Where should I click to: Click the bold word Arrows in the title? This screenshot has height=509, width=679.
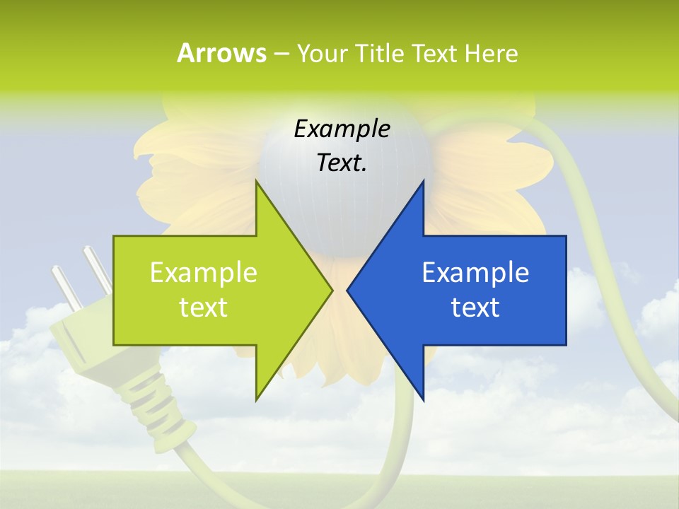(221, 53)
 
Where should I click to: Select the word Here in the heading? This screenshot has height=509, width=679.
(492, 53)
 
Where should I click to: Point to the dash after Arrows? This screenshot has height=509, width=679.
(282, 54)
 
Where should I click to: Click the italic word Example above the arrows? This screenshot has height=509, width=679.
(342, 129)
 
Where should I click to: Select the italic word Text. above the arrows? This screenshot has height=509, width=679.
(342, 163)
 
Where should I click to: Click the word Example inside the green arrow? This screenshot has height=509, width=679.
(203, 272)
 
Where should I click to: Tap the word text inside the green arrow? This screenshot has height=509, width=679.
(203, 308)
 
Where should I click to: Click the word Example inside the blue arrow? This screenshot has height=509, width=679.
(475, 272)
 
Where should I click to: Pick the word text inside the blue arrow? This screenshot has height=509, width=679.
(475, 308)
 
